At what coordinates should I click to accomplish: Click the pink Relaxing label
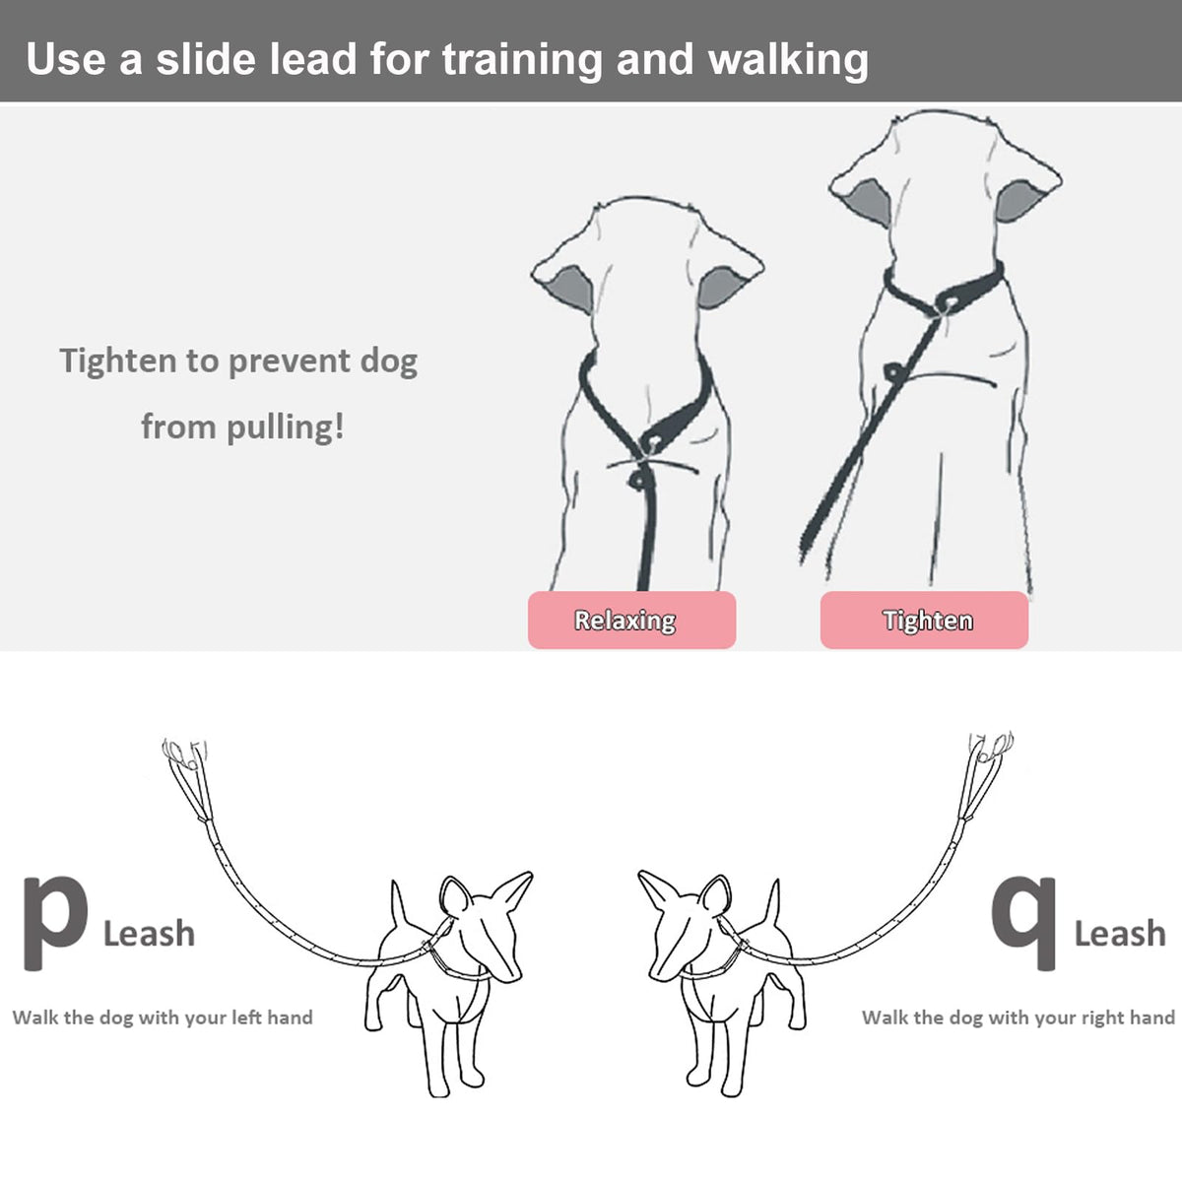[x=631, y=620]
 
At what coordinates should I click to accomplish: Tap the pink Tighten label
[x=924, y=620]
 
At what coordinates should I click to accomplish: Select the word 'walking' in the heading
[x=789, y=61]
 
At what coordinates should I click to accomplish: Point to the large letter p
[x=54, y=923]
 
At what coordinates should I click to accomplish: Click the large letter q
[x=1023, y=923]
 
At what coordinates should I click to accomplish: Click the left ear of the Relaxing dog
[x=564, y=284]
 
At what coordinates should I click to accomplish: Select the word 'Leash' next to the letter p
[x=149, y=934]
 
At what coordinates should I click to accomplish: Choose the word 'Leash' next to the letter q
[x=1120, y=934]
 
